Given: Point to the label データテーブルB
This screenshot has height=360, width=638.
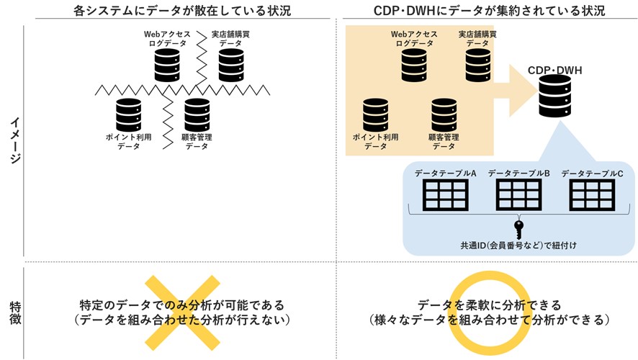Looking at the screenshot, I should (518, 174).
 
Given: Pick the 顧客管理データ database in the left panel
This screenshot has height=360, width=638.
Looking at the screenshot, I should (197, 114).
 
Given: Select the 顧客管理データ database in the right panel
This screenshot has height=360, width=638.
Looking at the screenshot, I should (444, 114).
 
